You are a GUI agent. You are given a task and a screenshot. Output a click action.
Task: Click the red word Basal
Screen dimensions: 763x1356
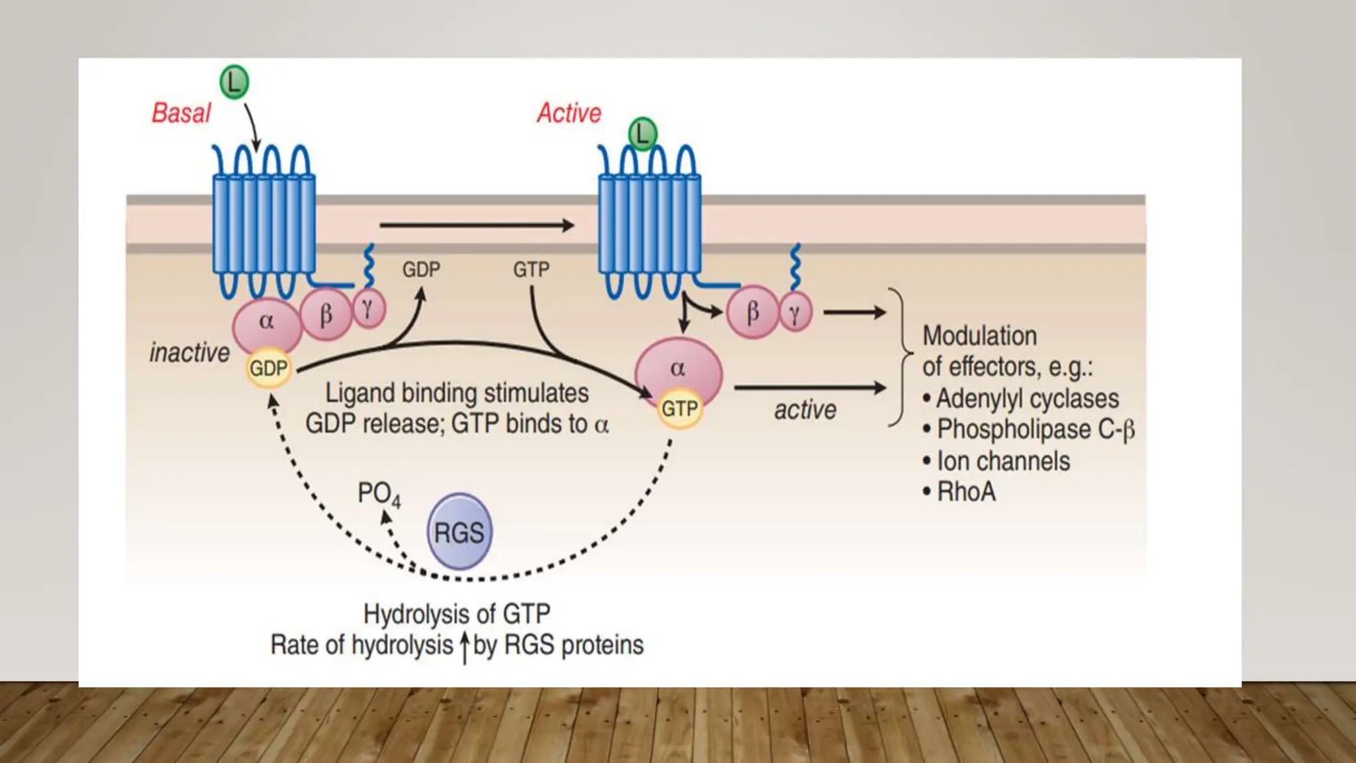tap(181, 113)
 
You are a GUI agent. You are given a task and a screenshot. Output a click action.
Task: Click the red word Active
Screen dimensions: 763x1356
tap(569, 113)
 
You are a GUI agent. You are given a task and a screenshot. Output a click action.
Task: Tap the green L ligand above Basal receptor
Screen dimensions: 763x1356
tap(234, 83)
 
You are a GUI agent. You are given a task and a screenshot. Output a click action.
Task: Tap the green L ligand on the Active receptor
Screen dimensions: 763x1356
tap(642, 134)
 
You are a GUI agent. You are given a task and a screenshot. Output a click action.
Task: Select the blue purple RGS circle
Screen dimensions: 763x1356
tap(460, 532)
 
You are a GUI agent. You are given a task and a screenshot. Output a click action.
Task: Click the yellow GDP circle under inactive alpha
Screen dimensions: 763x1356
tap(268, 368)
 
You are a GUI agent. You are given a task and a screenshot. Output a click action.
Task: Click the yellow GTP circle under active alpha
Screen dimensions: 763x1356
tap(679, 409)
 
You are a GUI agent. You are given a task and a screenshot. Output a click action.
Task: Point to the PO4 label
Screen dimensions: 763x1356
tap(379, 494)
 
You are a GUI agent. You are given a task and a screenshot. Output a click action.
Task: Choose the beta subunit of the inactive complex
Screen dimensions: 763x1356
tap(326, 315)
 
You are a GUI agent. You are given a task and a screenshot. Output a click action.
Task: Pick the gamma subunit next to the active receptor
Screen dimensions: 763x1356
tap(795, 313)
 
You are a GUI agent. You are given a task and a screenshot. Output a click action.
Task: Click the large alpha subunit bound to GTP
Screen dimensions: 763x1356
tap(678, 368)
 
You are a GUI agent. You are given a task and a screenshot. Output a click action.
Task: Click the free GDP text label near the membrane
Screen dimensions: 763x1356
tap(421, 270)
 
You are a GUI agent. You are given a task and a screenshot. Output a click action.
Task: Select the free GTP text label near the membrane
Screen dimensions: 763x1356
tap(531, 270)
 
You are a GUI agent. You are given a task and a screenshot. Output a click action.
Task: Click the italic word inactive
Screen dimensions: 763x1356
tap(189, 352)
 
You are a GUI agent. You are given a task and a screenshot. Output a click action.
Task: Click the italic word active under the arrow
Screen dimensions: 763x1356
tap(805, 410)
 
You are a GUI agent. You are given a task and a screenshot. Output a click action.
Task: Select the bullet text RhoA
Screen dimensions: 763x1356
tap(966, 492)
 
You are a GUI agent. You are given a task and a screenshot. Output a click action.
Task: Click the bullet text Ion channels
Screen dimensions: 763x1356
tap(1002, 461)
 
